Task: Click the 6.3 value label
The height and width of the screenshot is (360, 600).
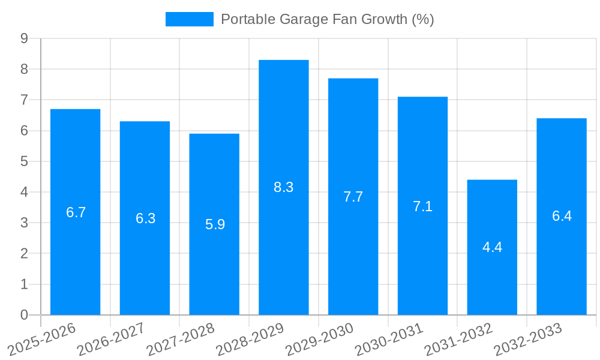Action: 145,218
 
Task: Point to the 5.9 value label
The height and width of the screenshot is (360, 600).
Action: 215,224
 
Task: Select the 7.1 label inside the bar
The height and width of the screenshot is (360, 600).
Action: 422,206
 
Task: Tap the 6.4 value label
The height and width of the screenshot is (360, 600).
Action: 562,216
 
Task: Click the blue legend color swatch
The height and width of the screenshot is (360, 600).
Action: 189,19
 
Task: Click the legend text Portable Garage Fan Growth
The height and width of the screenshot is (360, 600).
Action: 327,19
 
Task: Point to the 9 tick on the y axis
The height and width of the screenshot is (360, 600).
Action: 24,38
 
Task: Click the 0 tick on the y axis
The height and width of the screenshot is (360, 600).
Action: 24,315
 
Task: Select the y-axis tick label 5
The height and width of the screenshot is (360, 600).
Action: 24,161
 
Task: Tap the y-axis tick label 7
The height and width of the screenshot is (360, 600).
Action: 24,100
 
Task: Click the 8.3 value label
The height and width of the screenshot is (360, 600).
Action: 283,187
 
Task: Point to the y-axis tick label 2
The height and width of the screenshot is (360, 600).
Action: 24,254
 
